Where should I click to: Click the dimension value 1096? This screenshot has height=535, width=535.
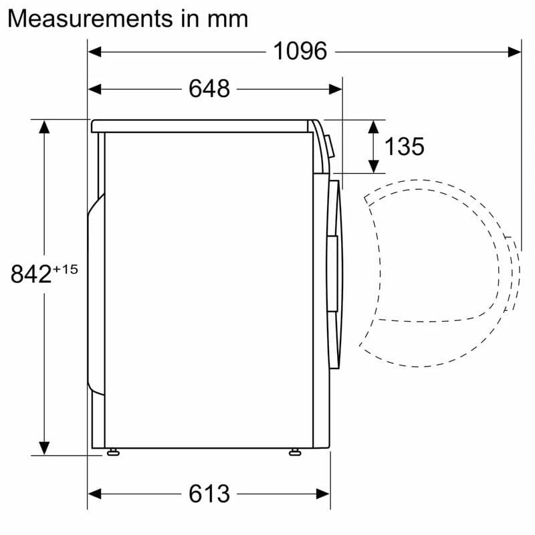[300, 51]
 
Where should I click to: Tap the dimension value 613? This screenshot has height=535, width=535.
[209, 494]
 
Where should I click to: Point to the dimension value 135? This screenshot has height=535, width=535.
[404, 146]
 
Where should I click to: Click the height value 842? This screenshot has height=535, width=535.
[31, 274]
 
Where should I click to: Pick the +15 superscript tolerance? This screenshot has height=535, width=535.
[66, 269]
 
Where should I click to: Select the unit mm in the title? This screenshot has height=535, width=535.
[227, 18]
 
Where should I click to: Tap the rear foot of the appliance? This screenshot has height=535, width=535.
[113, 453]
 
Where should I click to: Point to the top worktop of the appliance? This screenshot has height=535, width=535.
[201, 126]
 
